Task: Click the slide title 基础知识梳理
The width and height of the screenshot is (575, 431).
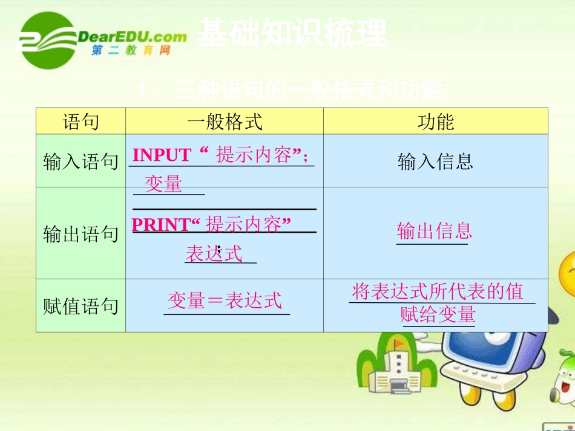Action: tap(292, 34)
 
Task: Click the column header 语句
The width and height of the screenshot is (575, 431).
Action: tap(80, 122)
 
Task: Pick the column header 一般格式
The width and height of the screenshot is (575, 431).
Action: tap(225, 122)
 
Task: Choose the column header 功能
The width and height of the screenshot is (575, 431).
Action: tap(435, 122)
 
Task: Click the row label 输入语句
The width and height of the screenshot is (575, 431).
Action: tap(80, 161)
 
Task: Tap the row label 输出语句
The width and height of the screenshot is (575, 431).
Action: tap(80, 234)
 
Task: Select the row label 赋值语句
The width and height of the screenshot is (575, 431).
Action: tap(80, 306)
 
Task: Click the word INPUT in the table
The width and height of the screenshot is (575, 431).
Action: tap(162, 155)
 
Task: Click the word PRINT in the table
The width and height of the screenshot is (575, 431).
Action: tap(160, 225)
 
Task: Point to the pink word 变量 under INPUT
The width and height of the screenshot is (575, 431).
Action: tap(163, 184)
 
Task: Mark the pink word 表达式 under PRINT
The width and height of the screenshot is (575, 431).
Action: tap(214, 253)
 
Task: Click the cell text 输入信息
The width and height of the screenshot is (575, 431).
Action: tap(435, 161)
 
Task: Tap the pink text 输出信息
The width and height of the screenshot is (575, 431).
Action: tap(434, 230)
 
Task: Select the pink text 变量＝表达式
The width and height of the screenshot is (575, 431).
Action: tap(225, 300)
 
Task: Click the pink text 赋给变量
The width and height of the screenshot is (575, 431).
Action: tap(438, 314)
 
